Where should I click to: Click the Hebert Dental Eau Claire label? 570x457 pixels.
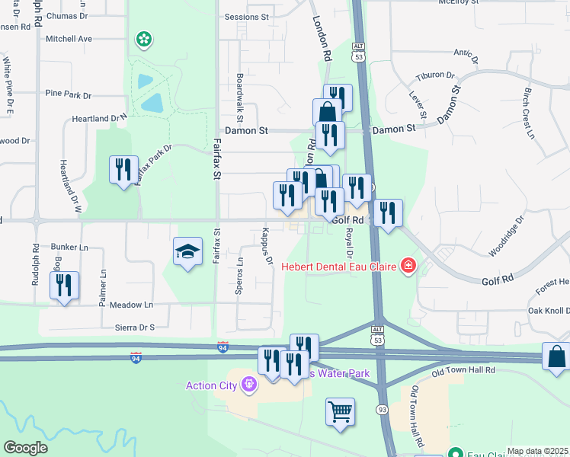pos(341,266)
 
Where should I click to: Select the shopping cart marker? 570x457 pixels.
pos(340,411)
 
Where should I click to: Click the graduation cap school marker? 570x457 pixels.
pos(187,253)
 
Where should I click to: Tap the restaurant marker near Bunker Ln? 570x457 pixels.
pos(64,286)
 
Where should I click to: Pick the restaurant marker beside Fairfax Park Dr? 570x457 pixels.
pos(123,169)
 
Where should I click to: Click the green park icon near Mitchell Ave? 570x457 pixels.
pos(142,38)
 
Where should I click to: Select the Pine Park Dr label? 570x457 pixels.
pos(69,95)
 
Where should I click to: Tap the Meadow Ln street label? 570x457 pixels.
pos(132,305)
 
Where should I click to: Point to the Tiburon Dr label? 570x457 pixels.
pos(435,76)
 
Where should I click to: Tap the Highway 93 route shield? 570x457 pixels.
pos(383,411)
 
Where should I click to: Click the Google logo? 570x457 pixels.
pos(25,448)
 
